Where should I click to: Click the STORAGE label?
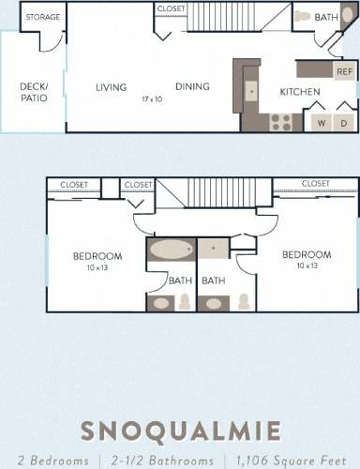pyautogui.click(x=41, y=17)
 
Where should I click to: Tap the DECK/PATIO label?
pyautogui.click(x=34, y=91)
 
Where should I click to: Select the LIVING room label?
pyautogui.click(x=111, y=88)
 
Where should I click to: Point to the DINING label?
pyautogui.click(x=191, y=87)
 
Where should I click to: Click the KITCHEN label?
pyautogui.click(x=300, y=92)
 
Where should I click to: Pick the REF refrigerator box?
pyautogui.click(x=344, y=71)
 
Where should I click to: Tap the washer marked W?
pyautogui.click(x=322, y=123)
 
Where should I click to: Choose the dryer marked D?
pyautogui.click(x=344, y=123)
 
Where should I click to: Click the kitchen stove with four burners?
pyautogui.click(x=280, y=121)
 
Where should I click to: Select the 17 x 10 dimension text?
pyautogui.click(x=152, y=98)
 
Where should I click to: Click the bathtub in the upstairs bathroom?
pyautogui.click(x=170, y=250)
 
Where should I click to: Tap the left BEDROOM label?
pyautogui.click(x=97, y=256)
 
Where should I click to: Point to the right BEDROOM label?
pyautogui.click(x=307, y=255)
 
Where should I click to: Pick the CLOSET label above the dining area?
pyautogui.click(x=172, y=8)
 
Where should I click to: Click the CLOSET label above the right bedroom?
pyautogui.click(x=314, y=184)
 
